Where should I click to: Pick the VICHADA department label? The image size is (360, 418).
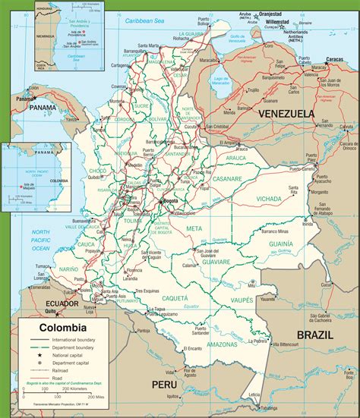coord(269,198)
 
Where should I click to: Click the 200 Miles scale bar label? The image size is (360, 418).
coord(96,397)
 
